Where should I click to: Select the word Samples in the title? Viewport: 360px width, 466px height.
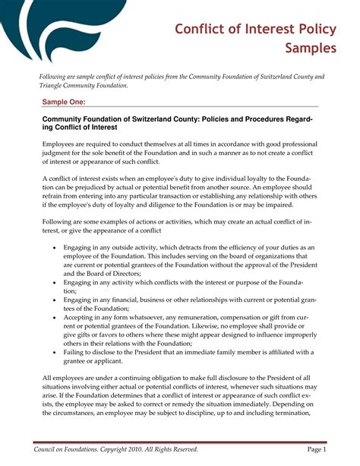coord(311,49)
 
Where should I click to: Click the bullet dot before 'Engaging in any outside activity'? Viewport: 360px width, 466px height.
coord(54,249)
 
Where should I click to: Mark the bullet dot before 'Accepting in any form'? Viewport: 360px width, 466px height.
coord(54,319)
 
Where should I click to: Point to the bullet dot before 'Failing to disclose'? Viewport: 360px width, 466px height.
coord(54,353)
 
